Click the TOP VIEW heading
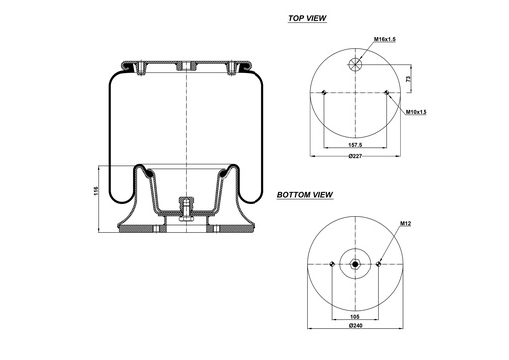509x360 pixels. click(308, 18)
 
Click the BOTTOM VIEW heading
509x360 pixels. click(304, 195)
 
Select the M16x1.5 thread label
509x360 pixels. click(386, 39)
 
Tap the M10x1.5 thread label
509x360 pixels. click(417, 111)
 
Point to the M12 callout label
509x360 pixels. click(406, 224)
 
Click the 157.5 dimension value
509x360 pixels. click(355, 143)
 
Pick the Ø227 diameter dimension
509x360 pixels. click(355, 157)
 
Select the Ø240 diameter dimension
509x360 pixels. click(355, 327)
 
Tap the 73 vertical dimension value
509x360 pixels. click(408, 76)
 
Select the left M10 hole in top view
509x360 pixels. click(326, 93)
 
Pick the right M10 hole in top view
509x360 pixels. click(386, 93)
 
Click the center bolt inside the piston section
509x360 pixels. click(186, 207)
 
